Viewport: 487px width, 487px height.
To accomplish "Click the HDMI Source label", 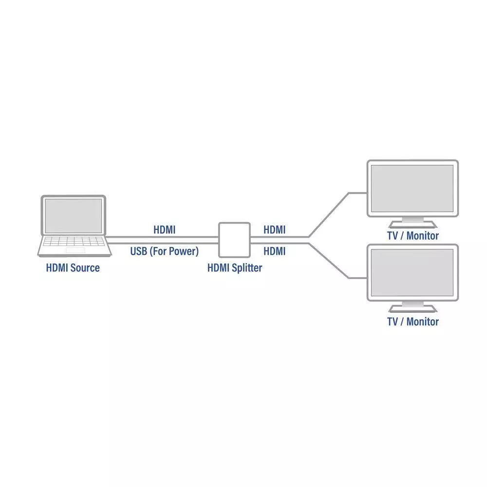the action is (x=73, y=268).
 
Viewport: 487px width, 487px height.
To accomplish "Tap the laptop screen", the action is (x=74, y=216).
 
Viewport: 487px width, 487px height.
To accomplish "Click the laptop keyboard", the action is (x=74, y=242).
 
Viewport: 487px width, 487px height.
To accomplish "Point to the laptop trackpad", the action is (x=75, y=250).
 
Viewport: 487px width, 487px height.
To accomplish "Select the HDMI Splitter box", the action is (x=235, y=240).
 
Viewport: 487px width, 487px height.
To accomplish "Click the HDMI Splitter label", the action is (x=235, y=268).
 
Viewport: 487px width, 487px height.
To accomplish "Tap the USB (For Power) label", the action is (x=164, y=251).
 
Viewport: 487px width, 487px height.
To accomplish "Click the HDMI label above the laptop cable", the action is (x=164, y=230).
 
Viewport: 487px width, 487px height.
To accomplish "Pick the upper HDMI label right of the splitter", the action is (x=275, y=230).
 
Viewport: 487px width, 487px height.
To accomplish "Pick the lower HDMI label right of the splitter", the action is (x=275, y=251).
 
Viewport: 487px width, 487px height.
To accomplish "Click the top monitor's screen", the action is (x=412, y=188).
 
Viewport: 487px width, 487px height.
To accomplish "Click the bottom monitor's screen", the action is (x=412, y=273).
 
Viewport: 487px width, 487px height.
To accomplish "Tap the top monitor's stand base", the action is (x=413, y=225).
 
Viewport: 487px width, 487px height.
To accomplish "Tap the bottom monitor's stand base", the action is (x=413, y=309).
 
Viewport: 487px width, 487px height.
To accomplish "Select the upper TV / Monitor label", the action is (x=413, y=236).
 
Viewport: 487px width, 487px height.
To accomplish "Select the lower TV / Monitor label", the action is (x=413, y=321).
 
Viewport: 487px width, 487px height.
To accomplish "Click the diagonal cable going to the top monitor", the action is (x=329, y=215).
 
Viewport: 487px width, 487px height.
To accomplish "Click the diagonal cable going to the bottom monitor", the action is (x=329, y=261).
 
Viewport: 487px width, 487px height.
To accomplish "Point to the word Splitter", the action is (x=247, y=268).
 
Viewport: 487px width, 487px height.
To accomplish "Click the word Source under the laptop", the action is (x=85, y=268).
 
